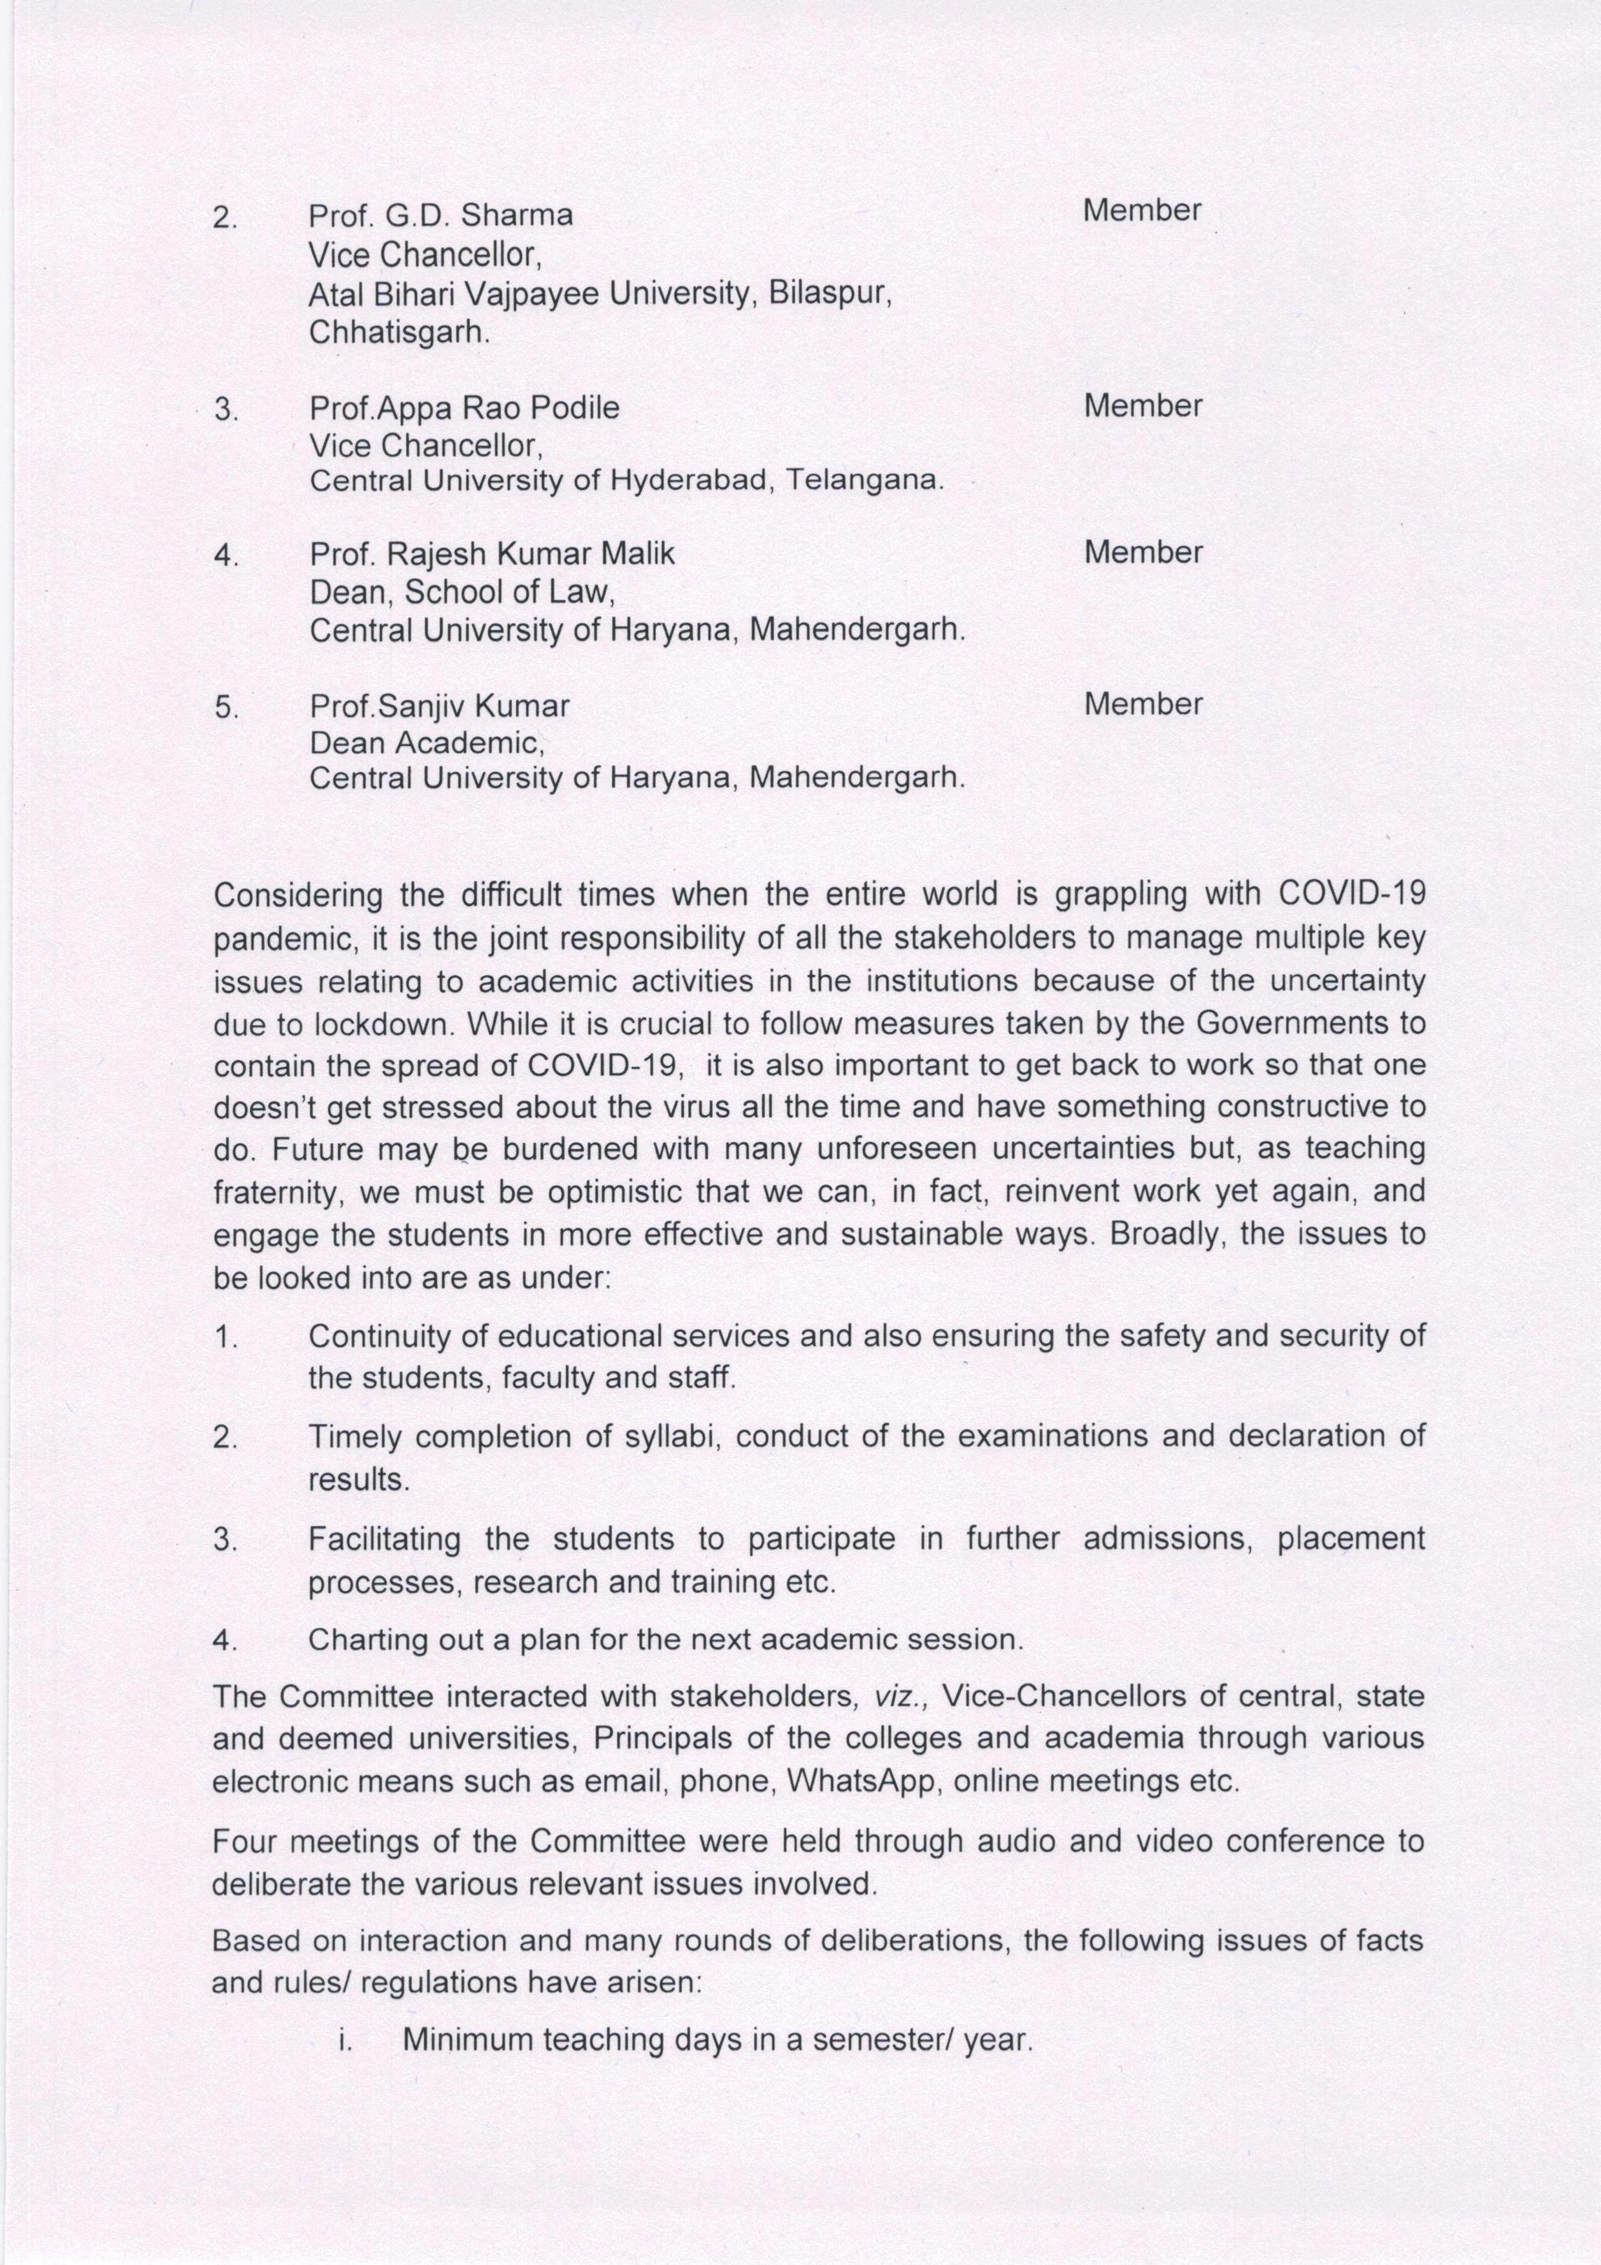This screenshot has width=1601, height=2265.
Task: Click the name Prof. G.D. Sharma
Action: (x=440, y=216)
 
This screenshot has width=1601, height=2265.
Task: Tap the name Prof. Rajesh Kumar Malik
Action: (x=491, y=554)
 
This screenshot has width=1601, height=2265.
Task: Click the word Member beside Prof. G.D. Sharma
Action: (x=1141, y=211)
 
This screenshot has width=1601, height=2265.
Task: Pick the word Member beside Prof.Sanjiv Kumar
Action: (x=1142, y=704)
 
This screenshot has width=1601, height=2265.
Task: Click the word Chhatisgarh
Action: (x=398, y=332)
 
